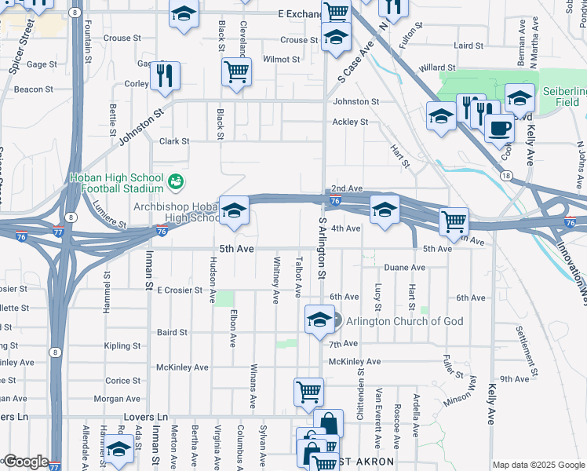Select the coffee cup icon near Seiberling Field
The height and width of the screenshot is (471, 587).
tap(498, 128)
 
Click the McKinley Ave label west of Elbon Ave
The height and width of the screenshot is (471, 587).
tap(182, 367)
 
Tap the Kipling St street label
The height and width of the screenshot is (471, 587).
tap(122, 345)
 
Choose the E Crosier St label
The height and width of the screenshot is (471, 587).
tap(180, 290)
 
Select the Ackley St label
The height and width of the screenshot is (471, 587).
tap(350, 122)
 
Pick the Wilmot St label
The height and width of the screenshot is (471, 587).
tap(282, 60)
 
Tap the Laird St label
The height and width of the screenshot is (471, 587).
tap(469, 46)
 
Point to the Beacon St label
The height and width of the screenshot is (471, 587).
tap(34, 89)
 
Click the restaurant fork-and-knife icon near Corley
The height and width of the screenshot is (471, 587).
tap(165, 75)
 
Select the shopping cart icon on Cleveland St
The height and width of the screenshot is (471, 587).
tap(236, 71)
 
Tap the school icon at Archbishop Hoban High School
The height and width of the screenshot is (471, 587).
tap(233, 210)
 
